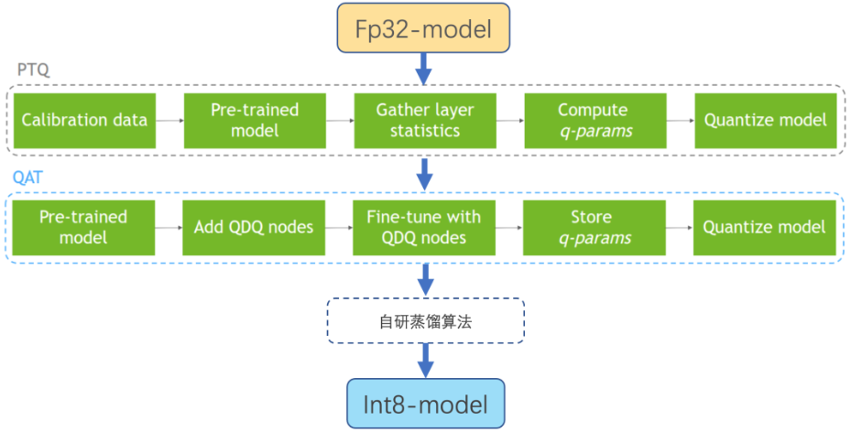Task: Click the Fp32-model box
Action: (x=423, y=28)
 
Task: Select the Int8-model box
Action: (x=425, y=404)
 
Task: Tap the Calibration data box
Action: (x=84, y=120)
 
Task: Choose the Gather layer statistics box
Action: (x=425, y=120)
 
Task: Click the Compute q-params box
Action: (x=593, y=120)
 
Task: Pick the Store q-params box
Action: (x=595, y=227)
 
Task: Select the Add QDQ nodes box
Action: (x=254, y=227)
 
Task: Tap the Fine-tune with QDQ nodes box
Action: (x=423, y=227)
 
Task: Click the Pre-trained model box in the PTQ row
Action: (x=255, y=120)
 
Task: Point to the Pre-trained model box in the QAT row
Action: (x=82, y=227)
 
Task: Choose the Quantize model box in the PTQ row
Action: (x=765, y=120)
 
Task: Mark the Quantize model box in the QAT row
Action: (x=765, y=227)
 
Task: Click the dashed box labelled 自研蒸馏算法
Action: (x=426, y=320)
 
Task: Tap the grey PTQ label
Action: (x=31, y=70)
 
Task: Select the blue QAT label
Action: (x=29, y=178)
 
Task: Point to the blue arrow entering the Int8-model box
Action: (x=425, y=360)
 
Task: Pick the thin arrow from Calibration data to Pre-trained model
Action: (x=169, y=120)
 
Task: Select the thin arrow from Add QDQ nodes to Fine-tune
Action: (x=339, y=228)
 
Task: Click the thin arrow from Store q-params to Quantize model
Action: (x=680, y=228)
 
